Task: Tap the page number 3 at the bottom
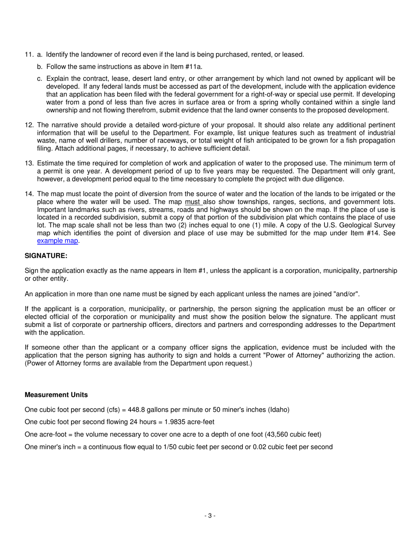210,515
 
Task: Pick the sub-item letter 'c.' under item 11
40,79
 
